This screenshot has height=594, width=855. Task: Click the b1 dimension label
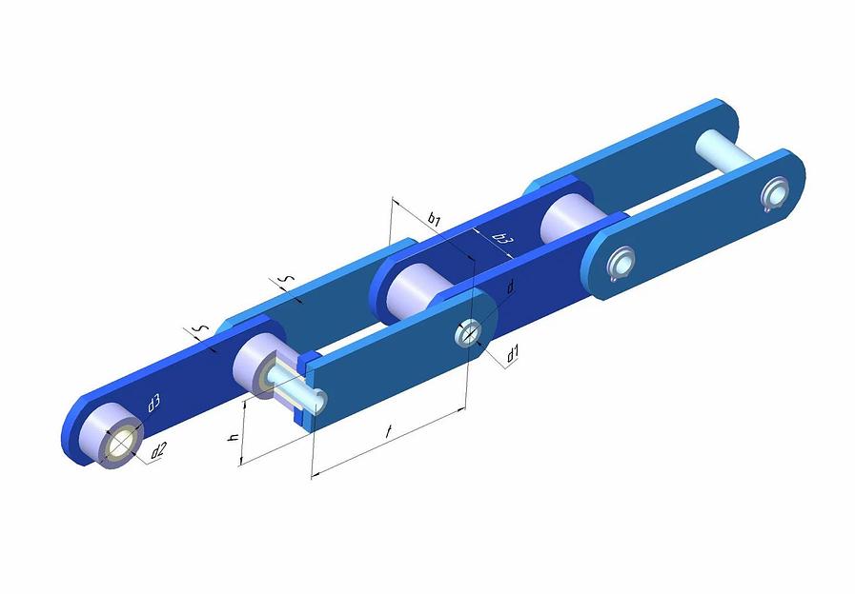pyautogui.click(x=434, y=219)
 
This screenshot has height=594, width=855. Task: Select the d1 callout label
pyautogui.click(x=512, y=355)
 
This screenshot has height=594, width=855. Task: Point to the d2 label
pyautogui.click(x=158, y=450)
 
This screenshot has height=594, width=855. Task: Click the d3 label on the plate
pyautogui.click(x=153, y=404)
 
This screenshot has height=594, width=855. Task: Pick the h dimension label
pyautogui.click(x=233, y=437)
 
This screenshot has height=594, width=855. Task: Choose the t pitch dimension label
pyautogui.click(x=388, y=432)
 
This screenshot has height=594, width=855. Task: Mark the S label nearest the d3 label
pyautogui.click(x=202, y=328)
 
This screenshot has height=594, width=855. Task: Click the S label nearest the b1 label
pyautogui.click(x=287, y=279)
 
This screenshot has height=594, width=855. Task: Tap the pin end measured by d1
pyautogui.click(x=468, y=333)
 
